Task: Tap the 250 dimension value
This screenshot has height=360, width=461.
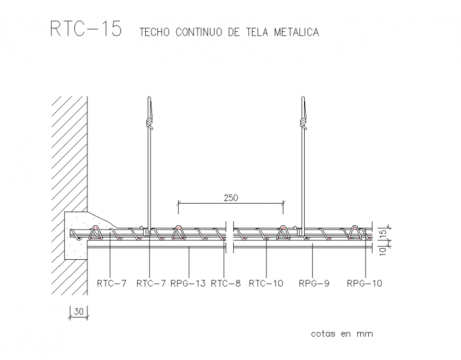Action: pyautogui.click(x=230, y=198)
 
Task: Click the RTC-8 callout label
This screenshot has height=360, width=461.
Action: pyautogui.click(x=225, y=283)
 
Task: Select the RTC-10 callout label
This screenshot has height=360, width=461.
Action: pyautogui.click(x=266, y=283)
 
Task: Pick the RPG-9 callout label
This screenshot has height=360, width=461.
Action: pyautogui.click(x=314, y=283)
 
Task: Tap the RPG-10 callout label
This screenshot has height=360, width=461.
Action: pyautogui.click(x=364, y=283)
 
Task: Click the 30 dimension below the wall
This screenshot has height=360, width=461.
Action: pyautogui.click(x=78, y=311)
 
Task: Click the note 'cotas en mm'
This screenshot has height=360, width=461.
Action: pyautogui.click(x=341, y=333)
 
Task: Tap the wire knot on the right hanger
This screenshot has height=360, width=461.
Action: pyautogui.click(x=303, y=122)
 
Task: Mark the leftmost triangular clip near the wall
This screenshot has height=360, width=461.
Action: pyautogui.click(x=96, y=232)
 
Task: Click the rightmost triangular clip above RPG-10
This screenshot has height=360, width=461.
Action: pyautogui.click(x=355, y=232)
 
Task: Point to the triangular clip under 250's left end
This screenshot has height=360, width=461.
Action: pyautogui.click(x=178, y=232)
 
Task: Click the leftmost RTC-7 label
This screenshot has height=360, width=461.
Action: pyautogui.click(x=111, y=283)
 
